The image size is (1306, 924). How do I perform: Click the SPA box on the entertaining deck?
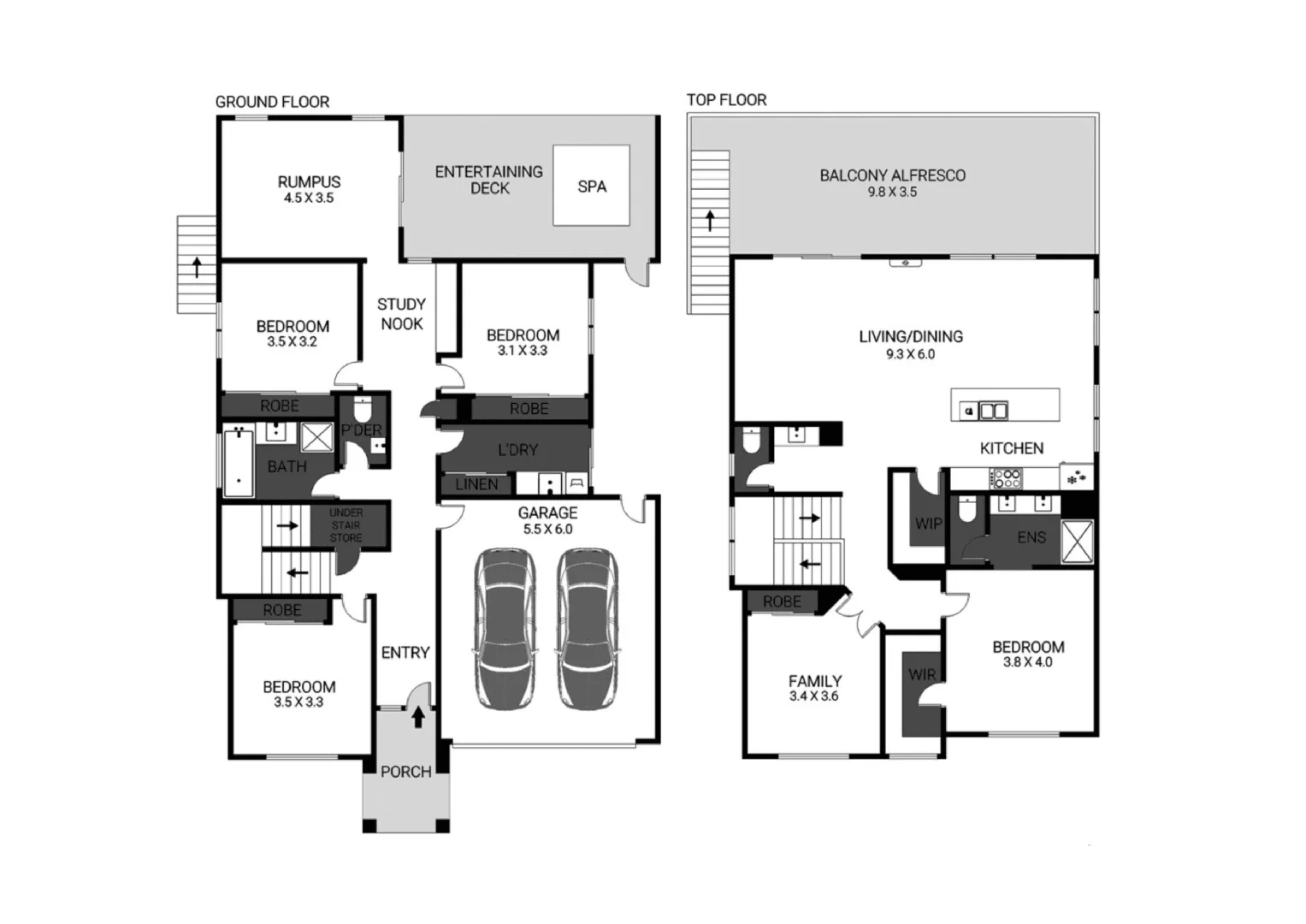(592, 186)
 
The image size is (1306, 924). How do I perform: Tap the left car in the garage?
(505, 629)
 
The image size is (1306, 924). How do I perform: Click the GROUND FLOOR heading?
(272, 102)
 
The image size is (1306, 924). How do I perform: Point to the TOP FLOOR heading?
(726, 100)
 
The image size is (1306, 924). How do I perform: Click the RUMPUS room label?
(309, 182)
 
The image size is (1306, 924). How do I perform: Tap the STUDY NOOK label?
(401, 314)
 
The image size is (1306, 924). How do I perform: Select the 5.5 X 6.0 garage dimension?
(547, 530)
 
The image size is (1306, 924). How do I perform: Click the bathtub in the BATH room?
(239, 463)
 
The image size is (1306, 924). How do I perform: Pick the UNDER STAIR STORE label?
(346, 525)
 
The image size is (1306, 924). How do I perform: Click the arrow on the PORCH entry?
(418, 716)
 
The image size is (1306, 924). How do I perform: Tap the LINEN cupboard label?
(476, 485)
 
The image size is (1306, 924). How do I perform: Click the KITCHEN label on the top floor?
(1011, 448)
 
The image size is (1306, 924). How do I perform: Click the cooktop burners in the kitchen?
(1004, 478)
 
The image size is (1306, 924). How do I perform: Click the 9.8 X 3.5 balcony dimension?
(892, 192)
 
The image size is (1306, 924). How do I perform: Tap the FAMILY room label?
(815, 681)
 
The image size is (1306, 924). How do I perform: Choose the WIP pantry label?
(928, 524)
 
